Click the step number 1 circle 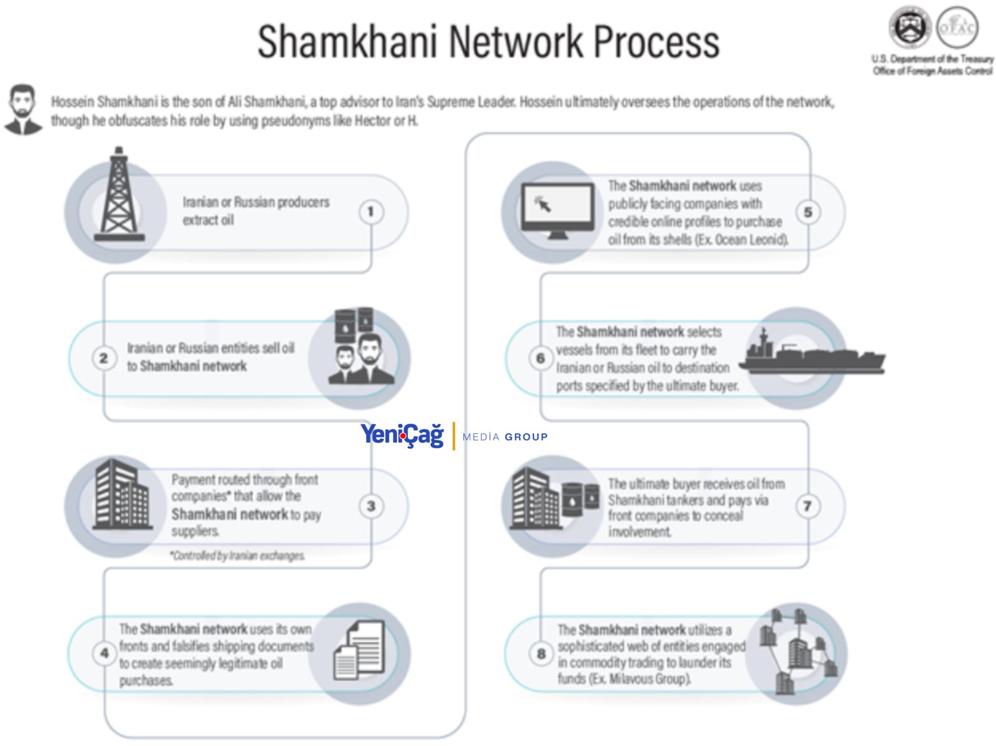[371, 212]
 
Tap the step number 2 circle [104, 358]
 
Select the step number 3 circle [371, 506]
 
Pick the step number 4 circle [104, 653]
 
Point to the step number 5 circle [808, 212]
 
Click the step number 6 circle [540, 358]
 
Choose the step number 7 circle [807, 506]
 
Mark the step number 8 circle [541, 653]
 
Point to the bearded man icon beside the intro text [23, 110]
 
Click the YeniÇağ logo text [402, 435]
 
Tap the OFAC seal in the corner [957, 27]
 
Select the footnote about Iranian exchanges [238, 555]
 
